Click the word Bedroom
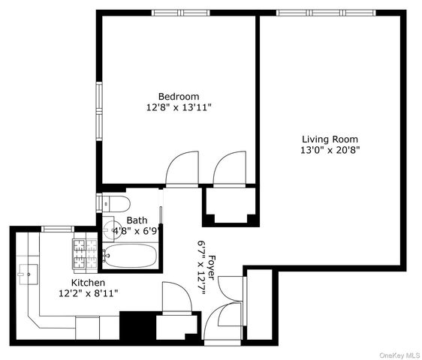(178, 96)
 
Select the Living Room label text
(330, 139)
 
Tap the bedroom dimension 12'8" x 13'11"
(178, 107)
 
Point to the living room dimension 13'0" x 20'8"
(330, 150)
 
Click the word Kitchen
(88, 283)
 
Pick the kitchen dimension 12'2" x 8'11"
(88, 293)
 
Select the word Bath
(137, 220)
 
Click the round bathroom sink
(110, 229)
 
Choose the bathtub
(130, 257)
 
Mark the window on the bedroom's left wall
(98, 108)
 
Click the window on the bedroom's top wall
(180, 13)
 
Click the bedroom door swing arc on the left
(182, 169)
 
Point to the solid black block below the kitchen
(136, 327)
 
